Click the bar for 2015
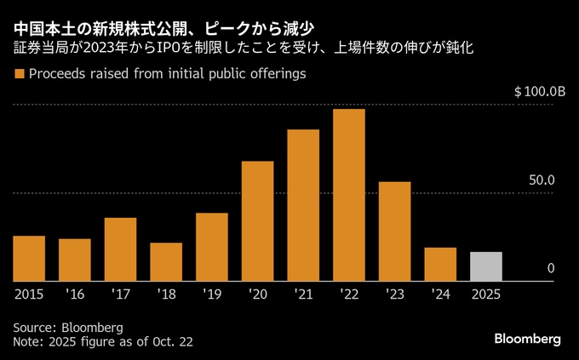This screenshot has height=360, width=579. pos(29,258)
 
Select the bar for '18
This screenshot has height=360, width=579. pos(166,261)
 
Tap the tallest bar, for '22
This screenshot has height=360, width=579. pos(349,195)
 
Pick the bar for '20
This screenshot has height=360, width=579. pos(257,220)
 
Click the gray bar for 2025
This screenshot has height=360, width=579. pos(486,266)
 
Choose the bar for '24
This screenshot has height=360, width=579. pos(440,264)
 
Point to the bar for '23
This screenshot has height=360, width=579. pos(394,231)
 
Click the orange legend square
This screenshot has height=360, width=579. pos(19,75)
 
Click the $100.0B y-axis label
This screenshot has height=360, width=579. pos(540,91)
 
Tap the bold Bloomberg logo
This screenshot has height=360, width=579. pos(528,339)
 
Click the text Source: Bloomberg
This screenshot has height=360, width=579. pos(69,327)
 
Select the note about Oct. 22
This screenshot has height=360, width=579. pos(103,341)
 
